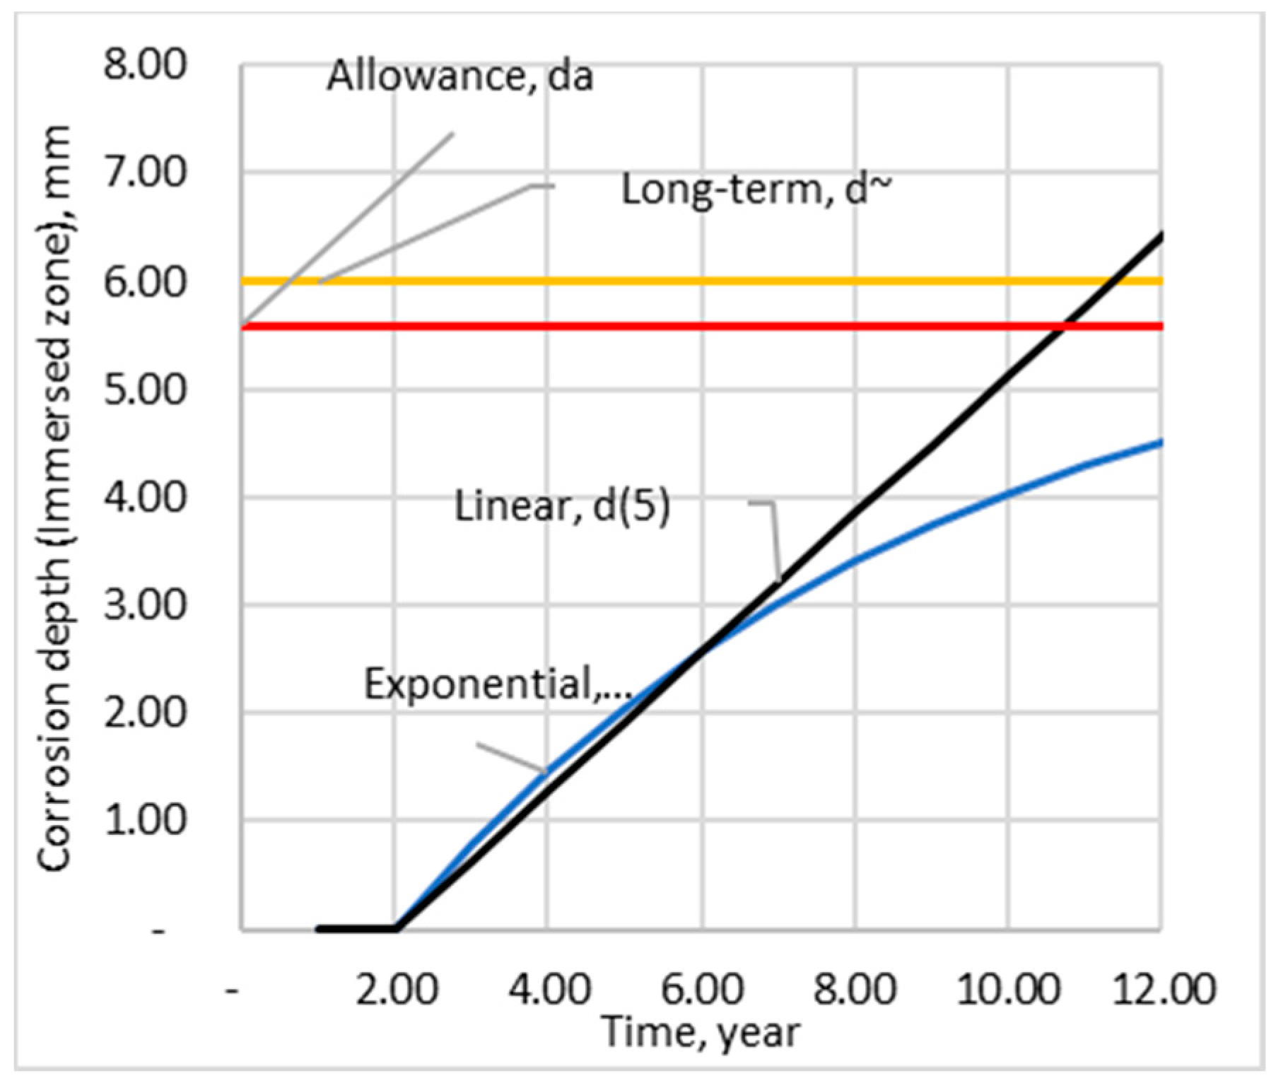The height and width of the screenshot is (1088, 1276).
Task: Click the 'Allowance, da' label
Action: click(x=460, y=76)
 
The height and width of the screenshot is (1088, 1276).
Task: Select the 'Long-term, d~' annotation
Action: click(x=756, y=189)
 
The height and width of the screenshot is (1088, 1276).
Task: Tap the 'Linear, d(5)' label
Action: click(x=562, y=506)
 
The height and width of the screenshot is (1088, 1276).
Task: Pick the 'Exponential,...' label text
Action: click(x=498, y=684)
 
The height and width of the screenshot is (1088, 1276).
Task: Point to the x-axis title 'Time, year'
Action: click(x=701, y=1032)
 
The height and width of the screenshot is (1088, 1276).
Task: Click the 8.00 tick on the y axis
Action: click(x=145, y=65)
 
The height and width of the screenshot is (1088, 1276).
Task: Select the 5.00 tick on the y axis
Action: click(x=145, y=390)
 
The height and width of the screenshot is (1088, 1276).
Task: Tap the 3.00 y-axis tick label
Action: click(x=145, y=605)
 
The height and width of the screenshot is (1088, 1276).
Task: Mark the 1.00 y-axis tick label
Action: click(x=145, y=821)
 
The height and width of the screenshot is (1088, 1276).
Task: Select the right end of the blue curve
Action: click(x=1161, y=443)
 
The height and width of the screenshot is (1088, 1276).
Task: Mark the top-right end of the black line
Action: click(x=1161, y=235)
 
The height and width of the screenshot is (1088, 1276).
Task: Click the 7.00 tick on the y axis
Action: click(x=145, y=172)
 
